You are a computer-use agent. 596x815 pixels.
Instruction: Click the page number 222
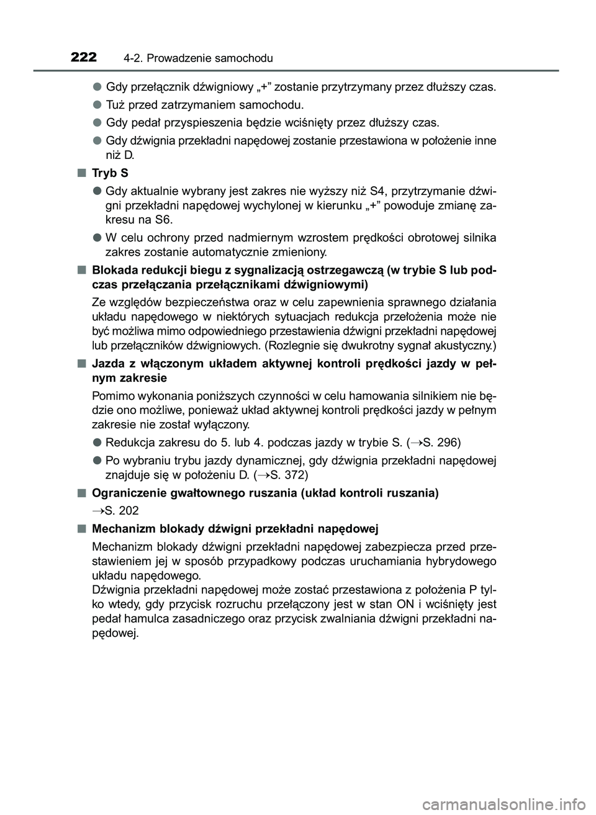coord(83,58)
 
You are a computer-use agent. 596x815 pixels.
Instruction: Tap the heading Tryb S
coord(110,173)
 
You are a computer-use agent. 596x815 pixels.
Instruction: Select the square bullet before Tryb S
coord(82,173)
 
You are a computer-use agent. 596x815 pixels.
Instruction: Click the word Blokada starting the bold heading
coord(114,270)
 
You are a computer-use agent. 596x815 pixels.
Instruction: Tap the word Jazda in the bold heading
coord(107,363)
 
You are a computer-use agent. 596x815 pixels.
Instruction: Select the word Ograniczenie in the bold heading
coord(128,493)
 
